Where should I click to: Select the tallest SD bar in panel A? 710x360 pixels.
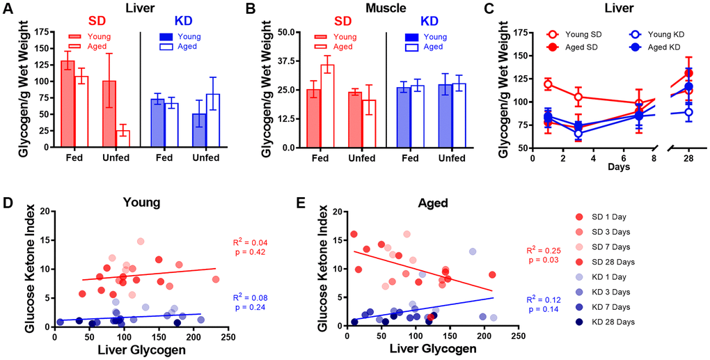pos(68,104)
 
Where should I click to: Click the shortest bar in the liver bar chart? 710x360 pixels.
pos(123,138)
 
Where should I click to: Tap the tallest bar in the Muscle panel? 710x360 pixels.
pos(327,105)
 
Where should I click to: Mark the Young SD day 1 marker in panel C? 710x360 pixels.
pos(548,85)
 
